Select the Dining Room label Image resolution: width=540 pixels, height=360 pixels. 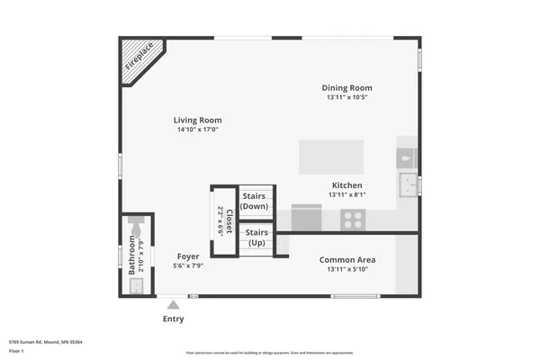(346, 87)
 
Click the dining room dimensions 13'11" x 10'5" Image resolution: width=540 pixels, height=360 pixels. (346, 97)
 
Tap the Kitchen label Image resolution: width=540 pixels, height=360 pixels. (346, 185)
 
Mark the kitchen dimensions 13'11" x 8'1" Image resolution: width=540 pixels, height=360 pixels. (346, 194)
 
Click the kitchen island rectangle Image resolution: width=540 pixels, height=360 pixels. (331, 157)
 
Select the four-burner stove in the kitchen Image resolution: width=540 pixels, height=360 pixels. (353, 218)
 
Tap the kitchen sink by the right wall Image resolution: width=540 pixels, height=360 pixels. (410, 185)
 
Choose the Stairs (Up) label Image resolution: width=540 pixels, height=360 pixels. (256, 238)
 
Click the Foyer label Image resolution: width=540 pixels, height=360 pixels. (187, 256)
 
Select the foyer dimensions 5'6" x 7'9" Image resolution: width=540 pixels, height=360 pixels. (187, 266)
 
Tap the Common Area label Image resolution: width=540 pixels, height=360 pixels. (346, 260)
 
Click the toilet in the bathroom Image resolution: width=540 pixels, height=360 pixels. (137, 231)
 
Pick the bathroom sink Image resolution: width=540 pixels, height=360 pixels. (137, 286)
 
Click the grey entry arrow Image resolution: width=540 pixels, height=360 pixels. (173, 305)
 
